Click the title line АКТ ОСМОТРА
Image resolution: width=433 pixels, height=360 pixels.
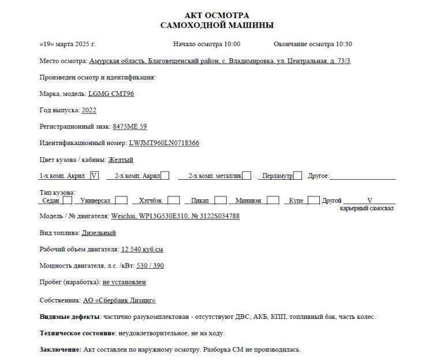coord(216,15)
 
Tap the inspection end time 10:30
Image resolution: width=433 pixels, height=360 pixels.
coord(344,44)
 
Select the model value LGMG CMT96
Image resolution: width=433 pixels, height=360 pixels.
coord(111,94)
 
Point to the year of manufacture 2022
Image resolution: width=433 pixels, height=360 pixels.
coord(89,110)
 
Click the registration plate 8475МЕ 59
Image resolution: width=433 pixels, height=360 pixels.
coord(130,127)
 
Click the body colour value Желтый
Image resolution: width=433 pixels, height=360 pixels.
coord(121,159)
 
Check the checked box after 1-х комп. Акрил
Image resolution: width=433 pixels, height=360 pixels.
coord(95,175)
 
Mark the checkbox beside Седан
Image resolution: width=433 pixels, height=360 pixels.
coord(68,201)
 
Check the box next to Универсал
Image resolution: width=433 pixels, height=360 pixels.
coord(121,201)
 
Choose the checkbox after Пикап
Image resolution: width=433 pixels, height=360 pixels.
coord(221,201)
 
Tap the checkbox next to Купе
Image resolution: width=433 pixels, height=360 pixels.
coord(313,201)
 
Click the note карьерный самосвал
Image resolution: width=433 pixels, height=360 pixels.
coord(367,208)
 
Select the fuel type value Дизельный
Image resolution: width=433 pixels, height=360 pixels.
coord(99,233)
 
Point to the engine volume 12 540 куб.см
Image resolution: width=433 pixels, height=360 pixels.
coord(142,250)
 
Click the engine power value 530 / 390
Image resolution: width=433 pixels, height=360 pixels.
coord(150,266)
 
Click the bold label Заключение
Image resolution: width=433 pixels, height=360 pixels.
coord(60,350)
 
